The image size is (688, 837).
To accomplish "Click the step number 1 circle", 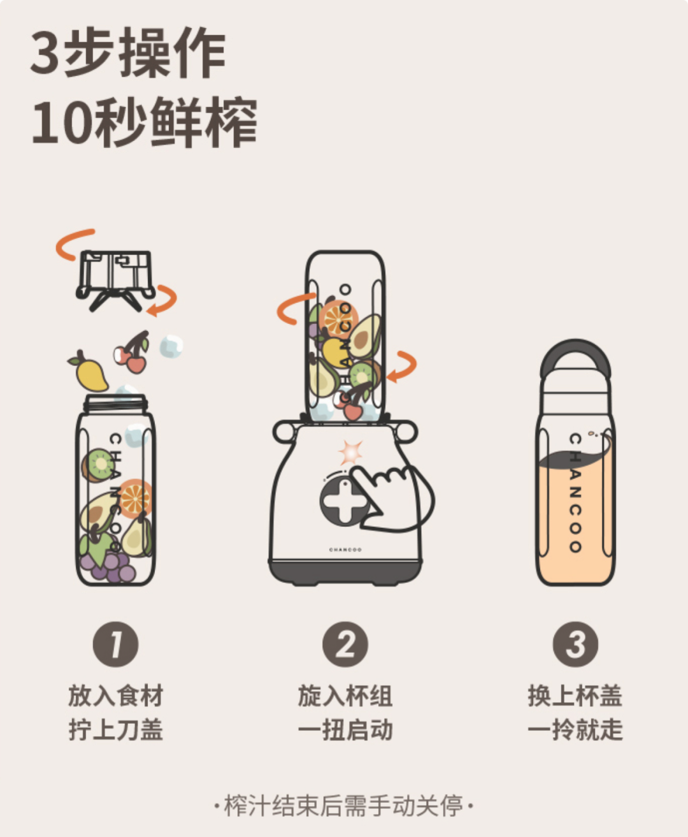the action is click(x=115, y=644).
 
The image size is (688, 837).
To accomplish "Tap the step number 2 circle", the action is click(x=345, y=644).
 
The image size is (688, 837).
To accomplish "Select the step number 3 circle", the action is click(x=575, y=644).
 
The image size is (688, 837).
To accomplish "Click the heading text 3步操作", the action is click(x=128, y=52).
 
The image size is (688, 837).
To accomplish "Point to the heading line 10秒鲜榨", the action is click(x=145, y=122).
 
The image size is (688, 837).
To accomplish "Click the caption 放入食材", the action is click(x=116, y=695).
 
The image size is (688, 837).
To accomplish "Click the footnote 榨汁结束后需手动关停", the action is click(x=344, y=806).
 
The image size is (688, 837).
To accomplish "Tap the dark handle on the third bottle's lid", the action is click(x=575, y=357).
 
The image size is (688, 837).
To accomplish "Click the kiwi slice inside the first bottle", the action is click(x=97, y=465).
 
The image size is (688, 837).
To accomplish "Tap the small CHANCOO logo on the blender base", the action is click(x=345, y=550).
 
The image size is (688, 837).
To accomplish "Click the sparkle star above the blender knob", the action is click(x=350, y=452).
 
